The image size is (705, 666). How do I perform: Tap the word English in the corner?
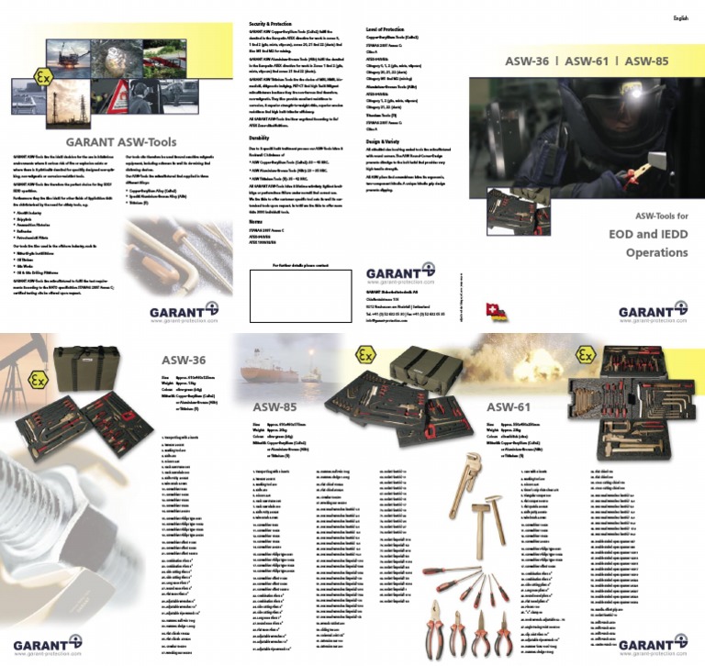[x=680, y=17]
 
